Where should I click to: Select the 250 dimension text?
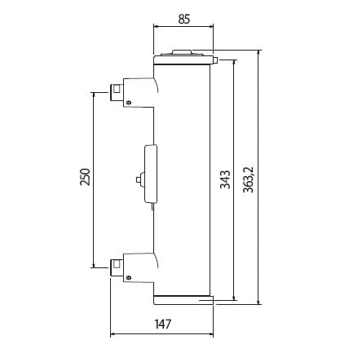pyautogui.click(x=84, y=178)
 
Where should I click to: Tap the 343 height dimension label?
pyautogui.click(x=225, y=178)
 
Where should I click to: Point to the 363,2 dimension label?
pyautogui.click(x=249, y=178)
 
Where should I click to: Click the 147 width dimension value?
pyautogui.click(x=161, y=324)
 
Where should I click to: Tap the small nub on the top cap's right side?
pyautogui.click(x=216, y=60)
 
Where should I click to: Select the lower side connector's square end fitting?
pyautogui.click(x=117, y=264)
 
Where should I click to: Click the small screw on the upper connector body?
pyautogui.click(x=127, y=102)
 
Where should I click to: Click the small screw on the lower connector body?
pyautogui.click(x=127, y=278)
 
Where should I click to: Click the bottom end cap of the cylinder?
pyautogui.click(x=183, y=298)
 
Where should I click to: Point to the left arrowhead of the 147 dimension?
pyautogui.click(x=113, y=334)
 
